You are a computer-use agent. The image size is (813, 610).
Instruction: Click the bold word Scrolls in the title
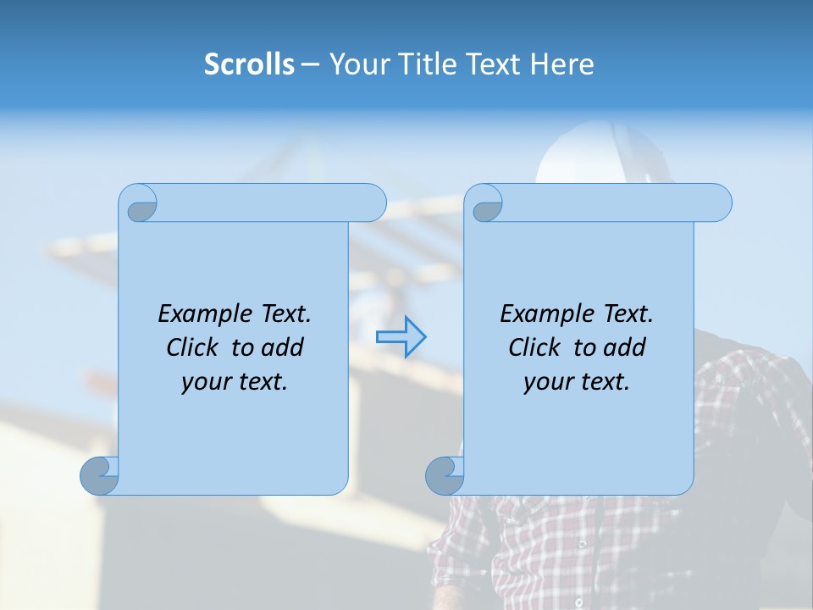(250, 64)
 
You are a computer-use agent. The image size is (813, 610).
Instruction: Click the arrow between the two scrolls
(401, 336)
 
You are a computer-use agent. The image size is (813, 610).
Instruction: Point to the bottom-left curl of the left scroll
(99, 475)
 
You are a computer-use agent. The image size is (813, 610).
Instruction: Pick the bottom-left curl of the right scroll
(445, 475)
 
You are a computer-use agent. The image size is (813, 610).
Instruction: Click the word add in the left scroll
(283, 347)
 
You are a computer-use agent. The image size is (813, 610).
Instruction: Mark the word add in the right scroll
(625, 347)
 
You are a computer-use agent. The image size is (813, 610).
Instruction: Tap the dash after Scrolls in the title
(310, 64)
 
